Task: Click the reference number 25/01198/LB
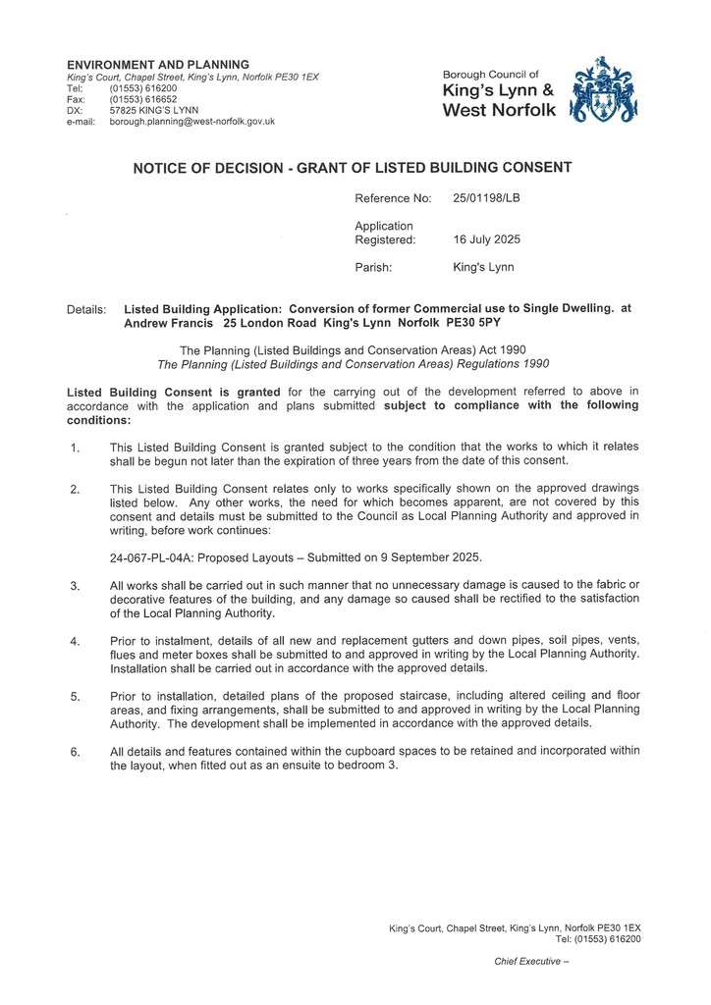(x=486, y=198)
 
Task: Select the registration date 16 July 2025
(x=486, y=239)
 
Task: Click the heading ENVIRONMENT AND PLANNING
(x=157, y=65)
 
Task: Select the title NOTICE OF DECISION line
(x=352, y=168)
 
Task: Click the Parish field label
(x=373, y=267)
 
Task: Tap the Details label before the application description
(x=85, y=309)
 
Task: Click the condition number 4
(x=75, y=642)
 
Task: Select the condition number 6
(x=75, y=753)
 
